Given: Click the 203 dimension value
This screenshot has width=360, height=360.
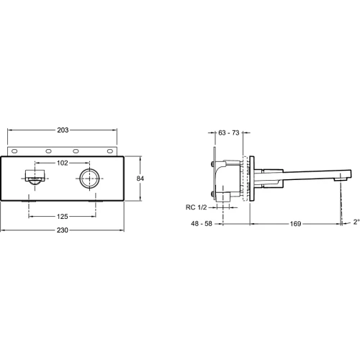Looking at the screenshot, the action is [x=63, y=130].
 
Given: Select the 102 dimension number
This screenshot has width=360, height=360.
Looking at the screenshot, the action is [x=63, y=163].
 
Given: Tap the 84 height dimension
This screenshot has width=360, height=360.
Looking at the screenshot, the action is [x=140, y=179].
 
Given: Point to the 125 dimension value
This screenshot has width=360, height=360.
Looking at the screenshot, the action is [x=63, y=217].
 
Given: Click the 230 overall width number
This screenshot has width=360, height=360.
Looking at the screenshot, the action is [x=63, y=230].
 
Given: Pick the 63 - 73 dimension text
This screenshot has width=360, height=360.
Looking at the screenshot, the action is [x=229, y=132].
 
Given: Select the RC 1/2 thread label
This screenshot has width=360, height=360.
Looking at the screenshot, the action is [x=196, y=207].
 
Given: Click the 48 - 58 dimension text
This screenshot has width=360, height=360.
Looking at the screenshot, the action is [x=202, y=224].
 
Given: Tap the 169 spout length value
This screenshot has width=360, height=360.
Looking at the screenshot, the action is [x=295, y=224].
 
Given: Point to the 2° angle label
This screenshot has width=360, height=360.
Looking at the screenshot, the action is [x=356, y=222].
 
